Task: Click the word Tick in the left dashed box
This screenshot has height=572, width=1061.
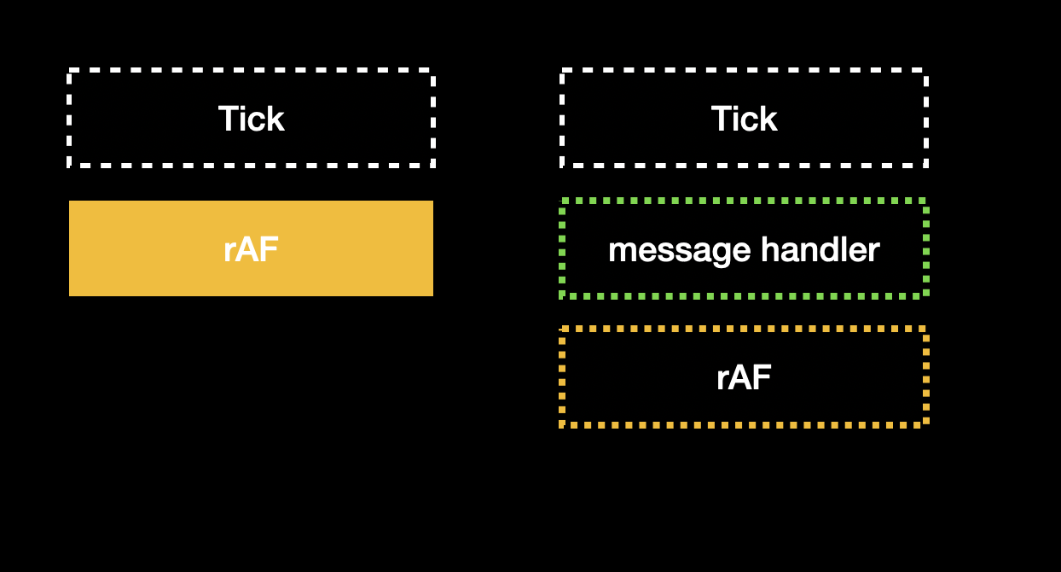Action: pos(251,119)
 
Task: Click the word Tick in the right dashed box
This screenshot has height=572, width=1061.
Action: pos(744,119)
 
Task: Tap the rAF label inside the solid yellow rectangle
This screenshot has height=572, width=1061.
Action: pos(251,249)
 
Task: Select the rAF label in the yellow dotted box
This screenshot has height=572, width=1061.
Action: pos(744,377)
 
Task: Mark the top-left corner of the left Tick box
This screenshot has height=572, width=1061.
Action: pos(70,71)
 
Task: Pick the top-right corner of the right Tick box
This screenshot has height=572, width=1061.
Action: pos(925,71)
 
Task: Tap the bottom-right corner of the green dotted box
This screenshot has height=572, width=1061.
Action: pos(925,295)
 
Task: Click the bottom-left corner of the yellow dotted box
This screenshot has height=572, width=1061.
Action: pos(562,423)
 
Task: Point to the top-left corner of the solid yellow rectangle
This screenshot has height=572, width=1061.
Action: pos(70,201)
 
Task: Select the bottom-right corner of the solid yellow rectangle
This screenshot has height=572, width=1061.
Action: pos(432,295)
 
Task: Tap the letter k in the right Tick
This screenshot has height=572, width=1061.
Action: pos(768,119)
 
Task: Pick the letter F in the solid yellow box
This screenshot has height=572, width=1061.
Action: pos(269,249)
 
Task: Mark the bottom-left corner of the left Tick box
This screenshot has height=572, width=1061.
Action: pos(70,165)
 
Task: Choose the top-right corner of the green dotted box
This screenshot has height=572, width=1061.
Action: pos(925,201)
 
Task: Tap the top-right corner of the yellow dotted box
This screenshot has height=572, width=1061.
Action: pos(925,329)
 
